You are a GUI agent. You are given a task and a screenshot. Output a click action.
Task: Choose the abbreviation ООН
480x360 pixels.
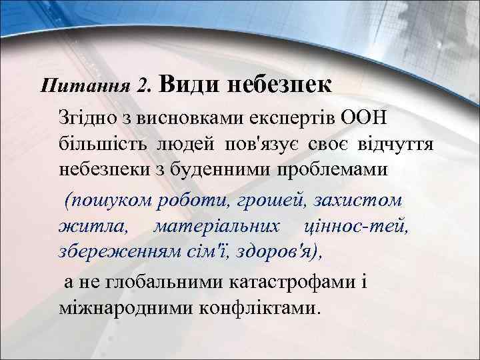point(367,118)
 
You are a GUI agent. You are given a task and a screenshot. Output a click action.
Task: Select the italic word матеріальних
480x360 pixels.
point(215,227)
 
